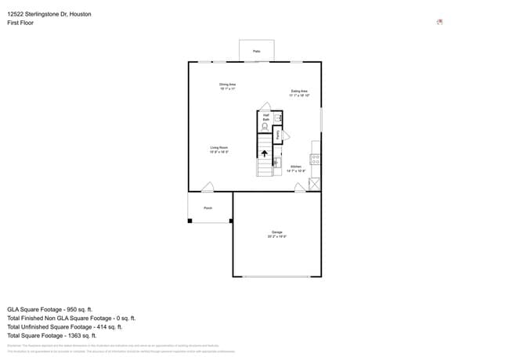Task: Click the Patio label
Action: point(256,52)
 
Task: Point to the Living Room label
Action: point(218,149)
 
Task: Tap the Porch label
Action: point(208,208)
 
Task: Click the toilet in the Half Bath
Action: point(265,126)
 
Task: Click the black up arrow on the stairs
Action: point(265,154)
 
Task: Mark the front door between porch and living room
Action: point(208,188)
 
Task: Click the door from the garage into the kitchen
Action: point(300,188)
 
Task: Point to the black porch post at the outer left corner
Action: point(190,221)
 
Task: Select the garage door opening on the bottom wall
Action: point(276,276)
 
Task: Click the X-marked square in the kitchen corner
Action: point(315,184)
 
